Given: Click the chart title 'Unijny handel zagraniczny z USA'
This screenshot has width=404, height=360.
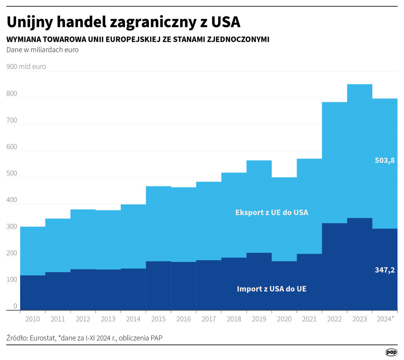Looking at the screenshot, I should pyautogui.click(x=123, y=22).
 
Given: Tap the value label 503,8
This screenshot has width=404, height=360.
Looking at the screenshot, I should pyautogui.click(x=385, y=161).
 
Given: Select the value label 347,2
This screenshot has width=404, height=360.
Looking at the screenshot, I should pyautogui.click(x=385, y=270).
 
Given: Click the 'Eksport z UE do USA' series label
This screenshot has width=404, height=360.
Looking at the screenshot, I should pyautogui.click(x=272, y=212).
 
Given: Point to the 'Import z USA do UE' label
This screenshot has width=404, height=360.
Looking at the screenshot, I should pyautogui.click(x=272, y=289).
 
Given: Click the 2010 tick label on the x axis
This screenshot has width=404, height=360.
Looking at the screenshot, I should pyautogui.click(x=33, y=319).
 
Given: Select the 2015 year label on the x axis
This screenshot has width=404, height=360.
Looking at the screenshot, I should pyautogui.click(x=158, y=319).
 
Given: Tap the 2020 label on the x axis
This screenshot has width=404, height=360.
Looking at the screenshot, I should pyautogui.click(x=284, y=319).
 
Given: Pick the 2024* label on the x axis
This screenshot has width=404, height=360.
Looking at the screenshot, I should pyautogui.click(x=385, y=319).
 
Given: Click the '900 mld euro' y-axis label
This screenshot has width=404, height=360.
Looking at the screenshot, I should pyautogui.click(x=26, y=67).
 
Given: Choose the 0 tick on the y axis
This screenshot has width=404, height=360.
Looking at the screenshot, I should pyautogui.click(x=15, y=306).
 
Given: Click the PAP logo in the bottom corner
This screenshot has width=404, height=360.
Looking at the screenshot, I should pyautogui.click(x=391, y=352).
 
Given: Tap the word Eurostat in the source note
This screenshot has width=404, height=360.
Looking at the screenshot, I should pyautogui.click(x=42, y=338).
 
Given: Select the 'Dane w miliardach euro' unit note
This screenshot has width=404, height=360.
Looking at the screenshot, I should pyautogui.click(x=42, y=50).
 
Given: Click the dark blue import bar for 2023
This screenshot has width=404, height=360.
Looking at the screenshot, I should pyautogui.click(x=359, y=264).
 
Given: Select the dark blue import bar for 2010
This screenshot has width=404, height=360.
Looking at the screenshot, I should pyautogui.click(x=33, y=292).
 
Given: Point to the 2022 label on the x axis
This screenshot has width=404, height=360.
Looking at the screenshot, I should pyautogui.click(x=334, y=319).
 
